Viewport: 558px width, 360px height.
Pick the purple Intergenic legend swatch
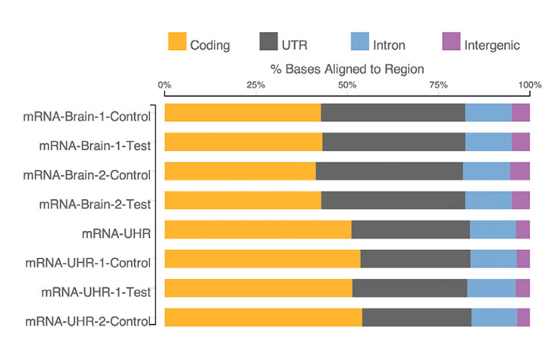(451, 43)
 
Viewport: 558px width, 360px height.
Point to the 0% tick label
(165, 85)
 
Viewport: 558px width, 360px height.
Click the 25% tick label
(255, 85)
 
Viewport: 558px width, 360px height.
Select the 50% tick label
(346, 85)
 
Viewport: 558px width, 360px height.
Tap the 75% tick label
(438, 85)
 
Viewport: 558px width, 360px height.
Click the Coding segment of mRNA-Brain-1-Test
(243, 142)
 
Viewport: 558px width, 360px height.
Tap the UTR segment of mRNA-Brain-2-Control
(389, 171)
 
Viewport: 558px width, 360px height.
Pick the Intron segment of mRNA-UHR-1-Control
(493, 258)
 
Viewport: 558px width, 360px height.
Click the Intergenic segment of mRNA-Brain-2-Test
(520, 200)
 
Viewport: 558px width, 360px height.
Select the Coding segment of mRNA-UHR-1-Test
(258, 288)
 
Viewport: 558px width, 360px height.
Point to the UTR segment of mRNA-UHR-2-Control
(416, 318)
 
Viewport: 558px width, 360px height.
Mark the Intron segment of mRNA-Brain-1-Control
(487, 112)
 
